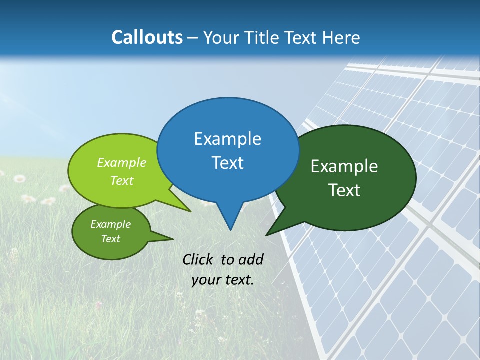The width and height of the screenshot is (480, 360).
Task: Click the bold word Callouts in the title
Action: pyautogui.click(x=147, y=37)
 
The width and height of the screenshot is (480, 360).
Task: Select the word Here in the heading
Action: pyautogui.click(x=341, y=37)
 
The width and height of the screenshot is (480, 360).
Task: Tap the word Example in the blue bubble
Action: pyautogui.click(x=227, y=138)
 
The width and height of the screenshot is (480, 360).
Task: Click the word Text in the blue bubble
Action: pyautogui.click(x=227, y=162)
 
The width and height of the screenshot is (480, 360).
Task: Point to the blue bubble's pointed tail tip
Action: pyautogui.click(x=230, y=229)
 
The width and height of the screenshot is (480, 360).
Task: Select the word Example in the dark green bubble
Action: pyautogui.click(x=344, y=166)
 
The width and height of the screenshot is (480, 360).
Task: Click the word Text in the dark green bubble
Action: pyautogui.click(x=344, y=190)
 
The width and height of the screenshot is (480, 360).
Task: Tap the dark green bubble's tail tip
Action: pyautogui.click(x=267, y=234)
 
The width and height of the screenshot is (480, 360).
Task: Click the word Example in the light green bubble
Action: pyautogui.click(x=121, y=162)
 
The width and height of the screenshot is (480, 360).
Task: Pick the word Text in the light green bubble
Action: pyautogui.click(x=121, y=180)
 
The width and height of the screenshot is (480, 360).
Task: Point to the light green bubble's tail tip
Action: pyautogui.click(x=190, y=211)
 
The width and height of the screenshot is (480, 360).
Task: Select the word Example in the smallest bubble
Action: pyautogui.click(x=110, y=224)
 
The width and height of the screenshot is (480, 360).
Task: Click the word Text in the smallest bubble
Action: pyautogui.click(x=110, y=239)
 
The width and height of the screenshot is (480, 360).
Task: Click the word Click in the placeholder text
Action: pyautogui.click(x=199, y=259)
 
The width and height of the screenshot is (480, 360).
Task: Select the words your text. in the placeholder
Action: pyautogui.click(x=223, y=280)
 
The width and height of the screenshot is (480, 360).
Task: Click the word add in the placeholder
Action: pyautogui.click(x=251, y=259)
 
